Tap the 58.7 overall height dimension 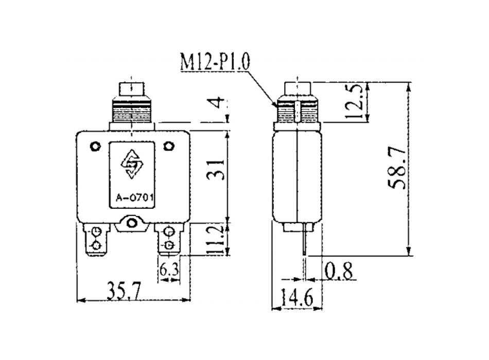tap(397, 168)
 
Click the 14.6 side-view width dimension tap(298, 298)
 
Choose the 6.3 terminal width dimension tap(168, 268)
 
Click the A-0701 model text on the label tap(133, 196)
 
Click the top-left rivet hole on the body tap(95, 147)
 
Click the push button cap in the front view tap(133, 89)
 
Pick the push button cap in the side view tap(298, 89)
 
